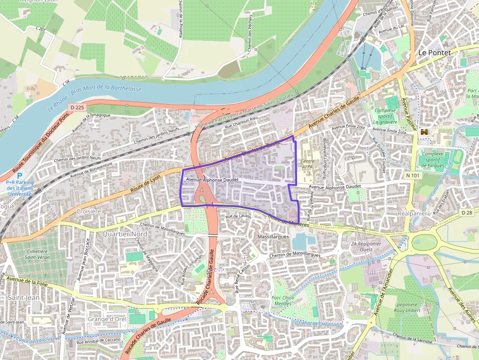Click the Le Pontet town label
[434, 52]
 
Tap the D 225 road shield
[77, 107]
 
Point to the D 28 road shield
[467, 212]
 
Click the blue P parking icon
[20, 176]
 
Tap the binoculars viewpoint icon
[424, 132]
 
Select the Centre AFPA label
[307, 164]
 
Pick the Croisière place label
[88, 212]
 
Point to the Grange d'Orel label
[107, 319]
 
